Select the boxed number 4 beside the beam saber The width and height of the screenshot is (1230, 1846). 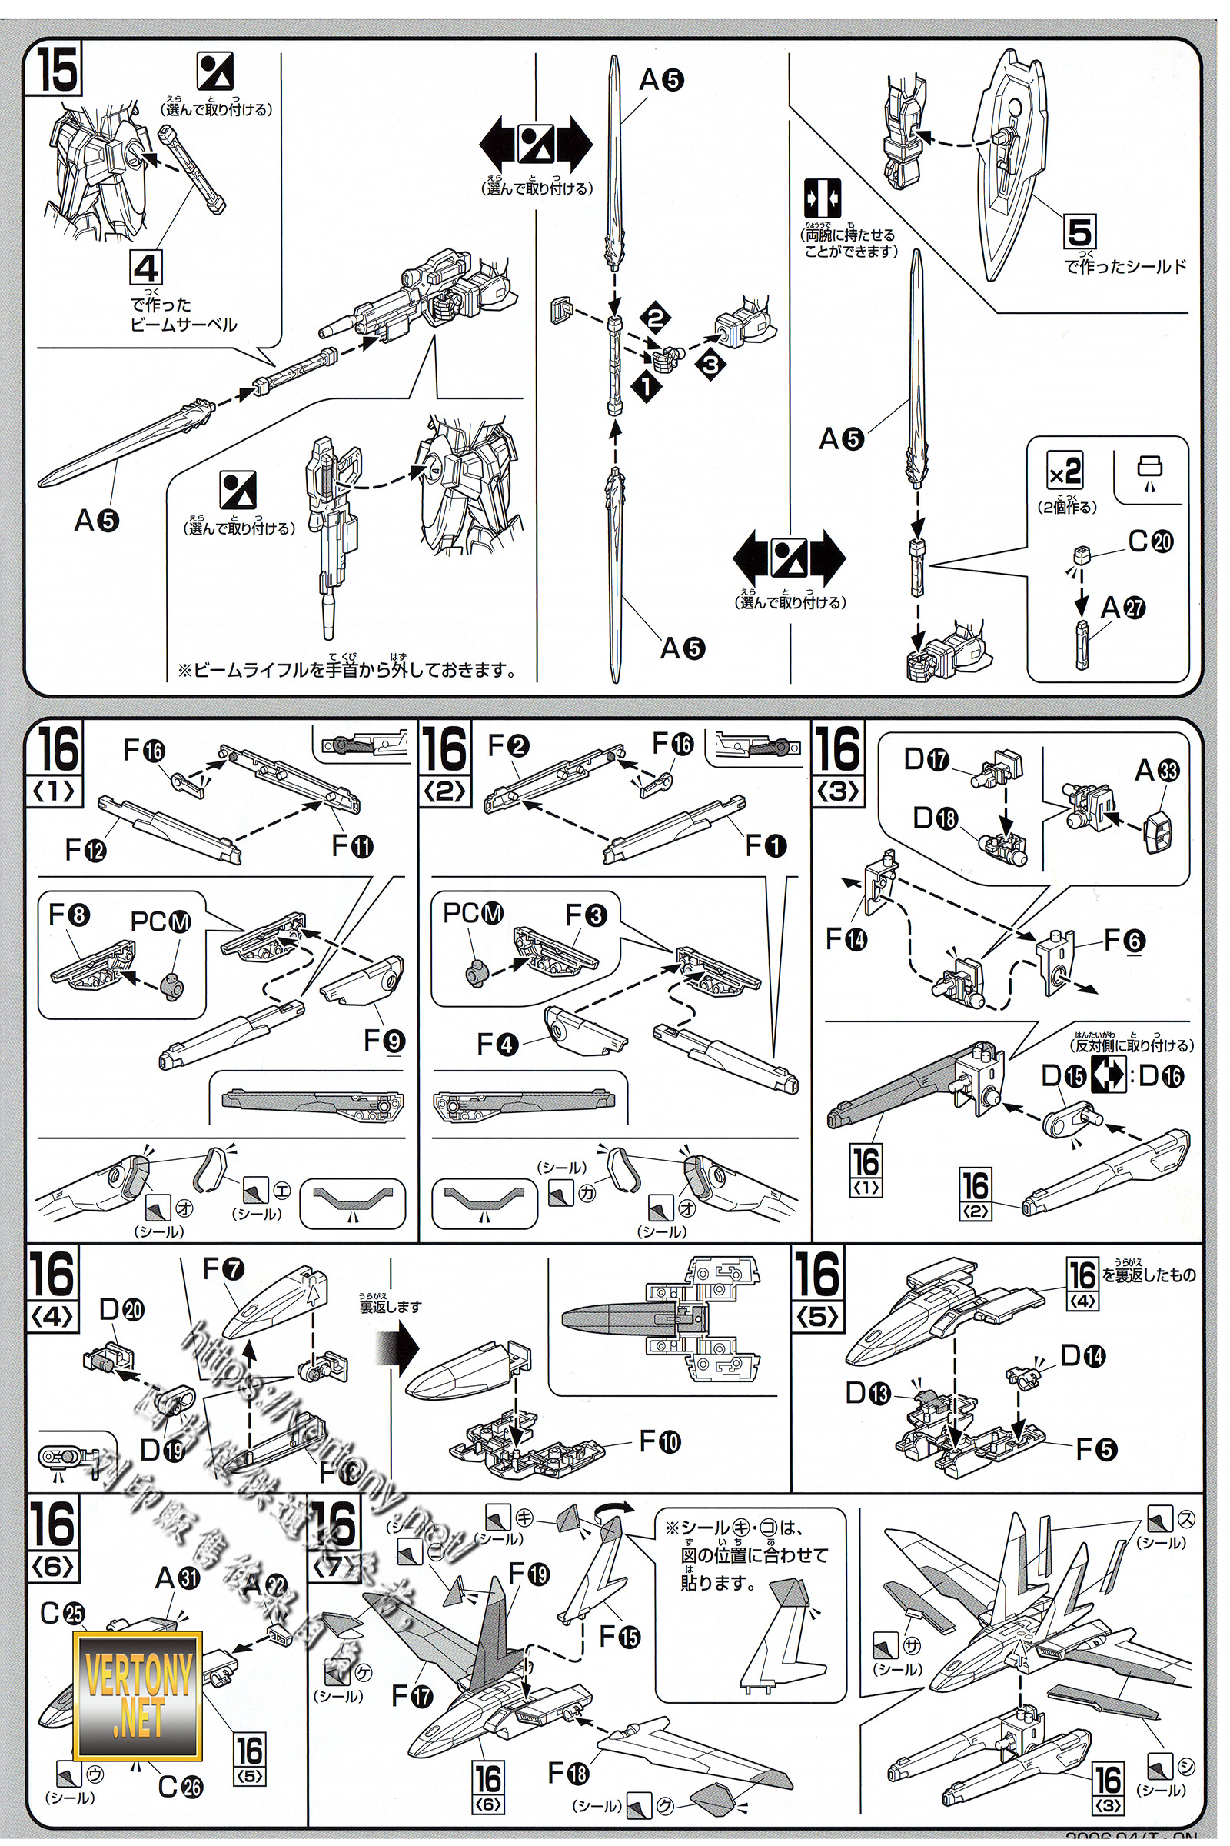146,268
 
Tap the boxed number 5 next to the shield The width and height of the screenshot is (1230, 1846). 1080,232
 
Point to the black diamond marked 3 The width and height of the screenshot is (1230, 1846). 710,362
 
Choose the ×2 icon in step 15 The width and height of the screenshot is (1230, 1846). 1065,471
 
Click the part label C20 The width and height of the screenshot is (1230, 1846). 1151,541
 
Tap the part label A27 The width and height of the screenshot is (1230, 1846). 1122,608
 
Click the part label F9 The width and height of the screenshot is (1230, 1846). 384,1041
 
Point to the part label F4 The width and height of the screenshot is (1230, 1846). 497,1044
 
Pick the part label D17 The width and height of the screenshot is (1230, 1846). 926,759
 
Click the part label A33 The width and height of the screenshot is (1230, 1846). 1156,771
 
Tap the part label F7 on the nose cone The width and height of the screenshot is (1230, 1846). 224,1268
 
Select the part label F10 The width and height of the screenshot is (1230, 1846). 660,1441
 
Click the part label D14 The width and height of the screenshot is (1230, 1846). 1082,1355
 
